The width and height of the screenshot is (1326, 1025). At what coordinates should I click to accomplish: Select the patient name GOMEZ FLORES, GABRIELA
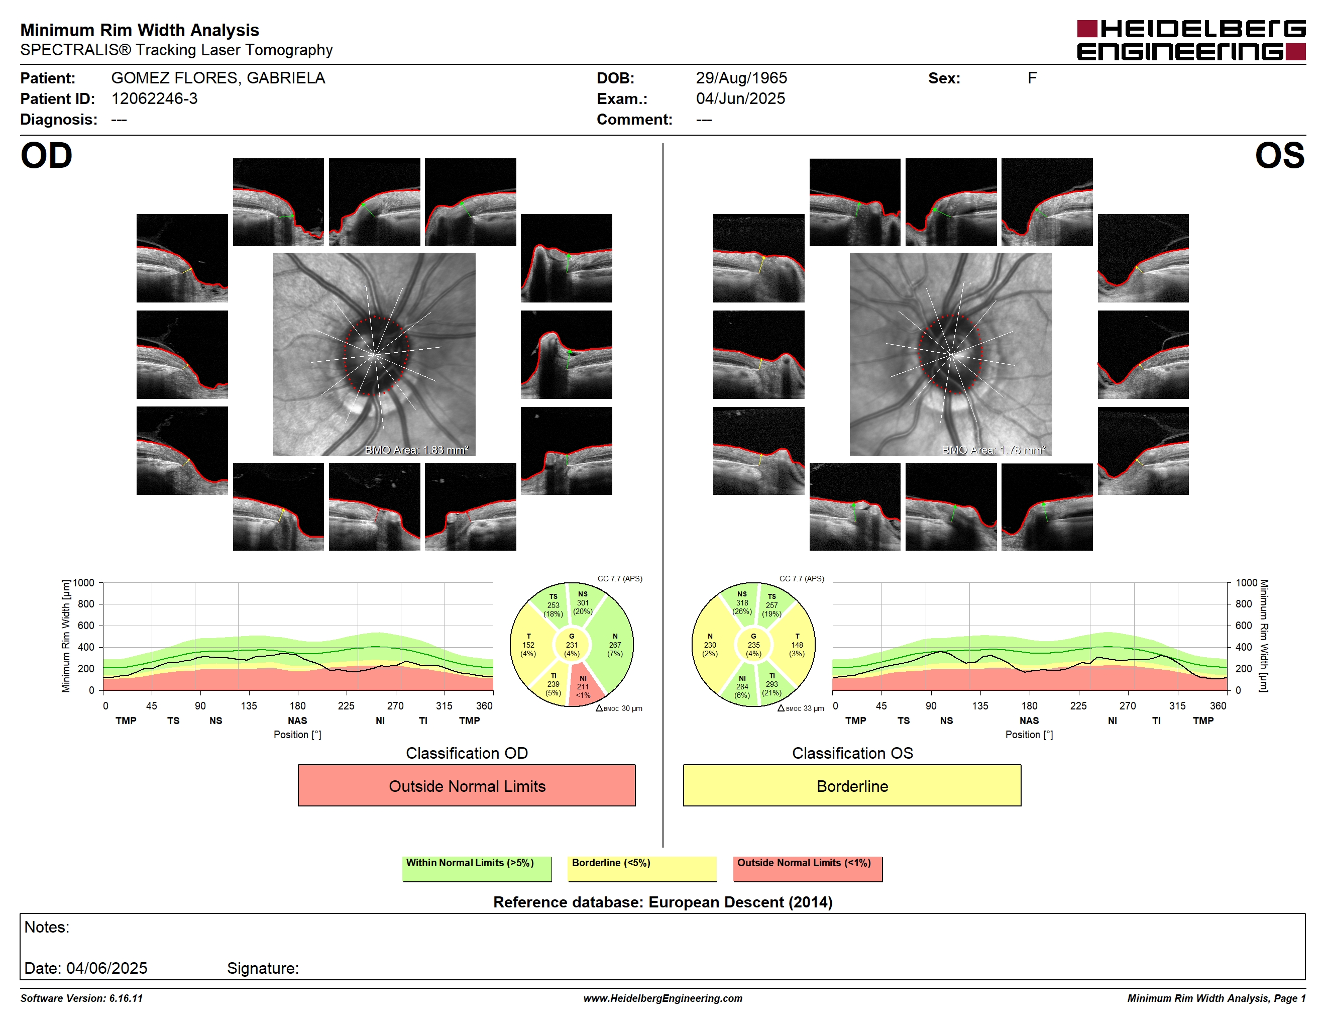point(218,78)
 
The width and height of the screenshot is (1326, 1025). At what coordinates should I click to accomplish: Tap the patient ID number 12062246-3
point(154,99)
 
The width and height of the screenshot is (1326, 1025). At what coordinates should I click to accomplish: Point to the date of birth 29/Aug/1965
point(741,78)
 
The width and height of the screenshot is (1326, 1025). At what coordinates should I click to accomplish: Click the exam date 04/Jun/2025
point(740,99)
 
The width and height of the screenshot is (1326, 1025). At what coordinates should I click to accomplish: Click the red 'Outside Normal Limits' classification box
point(466,785)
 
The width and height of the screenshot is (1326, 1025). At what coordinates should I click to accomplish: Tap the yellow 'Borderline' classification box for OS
point(852,785)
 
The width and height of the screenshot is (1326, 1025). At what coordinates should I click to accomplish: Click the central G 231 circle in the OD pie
point(571,645)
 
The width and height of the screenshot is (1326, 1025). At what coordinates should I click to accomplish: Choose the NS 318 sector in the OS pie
point(741,602)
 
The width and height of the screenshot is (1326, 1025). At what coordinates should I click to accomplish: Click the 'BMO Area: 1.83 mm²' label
point(416,450)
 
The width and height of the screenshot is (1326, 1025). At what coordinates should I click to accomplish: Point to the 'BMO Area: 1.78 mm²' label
point(993,450)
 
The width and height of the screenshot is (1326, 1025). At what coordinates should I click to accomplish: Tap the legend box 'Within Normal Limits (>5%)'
point(477,868)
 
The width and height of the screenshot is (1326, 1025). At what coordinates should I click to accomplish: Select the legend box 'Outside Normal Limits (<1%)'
point(808,868)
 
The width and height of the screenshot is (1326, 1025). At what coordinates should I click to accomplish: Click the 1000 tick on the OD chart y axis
point(84,583)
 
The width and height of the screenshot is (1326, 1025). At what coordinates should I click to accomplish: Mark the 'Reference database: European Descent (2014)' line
point(662,902)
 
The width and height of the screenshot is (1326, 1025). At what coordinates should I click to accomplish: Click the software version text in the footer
point(81,998)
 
